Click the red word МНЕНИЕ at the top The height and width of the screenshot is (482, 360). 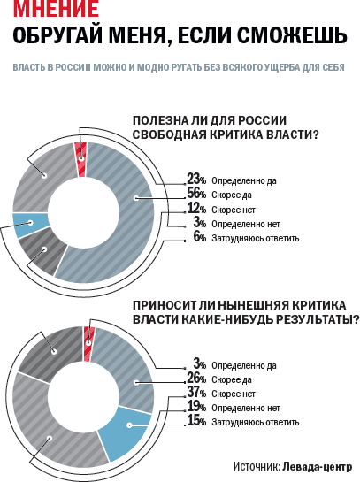(x=56, y=8)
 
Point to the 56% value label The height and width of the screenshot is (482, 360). (x=196, y=194)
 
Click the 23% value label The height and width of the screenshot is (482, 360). (x=196, y=179)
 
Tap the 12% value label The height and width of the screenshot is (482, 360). (x=196, y=209)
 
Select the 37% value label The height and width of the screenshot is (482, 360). (x=196, y=393)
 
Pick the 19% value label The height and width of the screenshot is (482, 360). (x=196, y=407)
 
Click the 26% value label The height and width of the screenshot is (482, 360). (x=196, y=379)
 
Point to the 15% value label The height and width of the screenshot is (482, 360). (x=196, y=421)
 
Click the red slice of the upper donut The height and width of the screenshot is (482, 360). (x=80, y=159)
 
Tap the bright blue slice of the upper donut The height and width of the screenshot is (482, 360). (x=30, y=225)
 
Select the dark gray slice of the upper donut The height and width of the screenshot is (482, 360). (x=44, y=250)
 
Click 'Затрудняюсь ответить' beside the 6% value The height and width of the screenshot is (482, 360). (x=255, y=238)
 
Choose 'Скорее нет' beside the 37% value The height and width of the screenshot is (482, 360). (x=234, y=394)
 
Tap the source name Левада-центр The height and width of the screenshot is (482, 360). (x=318, y=467)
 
